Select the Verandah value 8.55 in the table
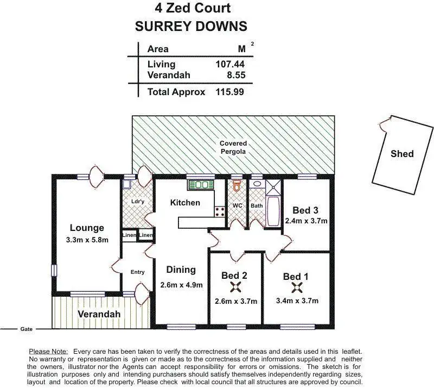[x=234, y=75]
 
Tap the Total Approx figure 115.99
[x=229, y=92]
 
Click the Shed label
[x=402, y=154]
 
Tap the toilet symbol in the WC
[x=237, y=186]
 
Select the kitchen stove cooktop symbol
[x=220, y=211]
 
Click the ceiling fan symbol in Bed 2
[x=236, y=288]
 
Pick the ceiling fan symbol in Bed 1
[x=296, y=288]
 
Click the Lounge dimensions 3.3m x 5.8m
[x=86, y=240]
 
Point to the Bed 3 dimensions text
[x=306, y=221]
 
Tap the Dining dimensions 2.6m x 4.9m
[x=181, y=285]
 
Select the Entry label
[x=137, y=272]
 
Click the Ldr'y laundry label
[x=138, y=202]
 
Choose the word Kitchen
[x=185, y=203]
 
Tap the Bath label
[x=257, y=206]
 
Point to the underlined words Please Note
[x=48, y=352]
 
